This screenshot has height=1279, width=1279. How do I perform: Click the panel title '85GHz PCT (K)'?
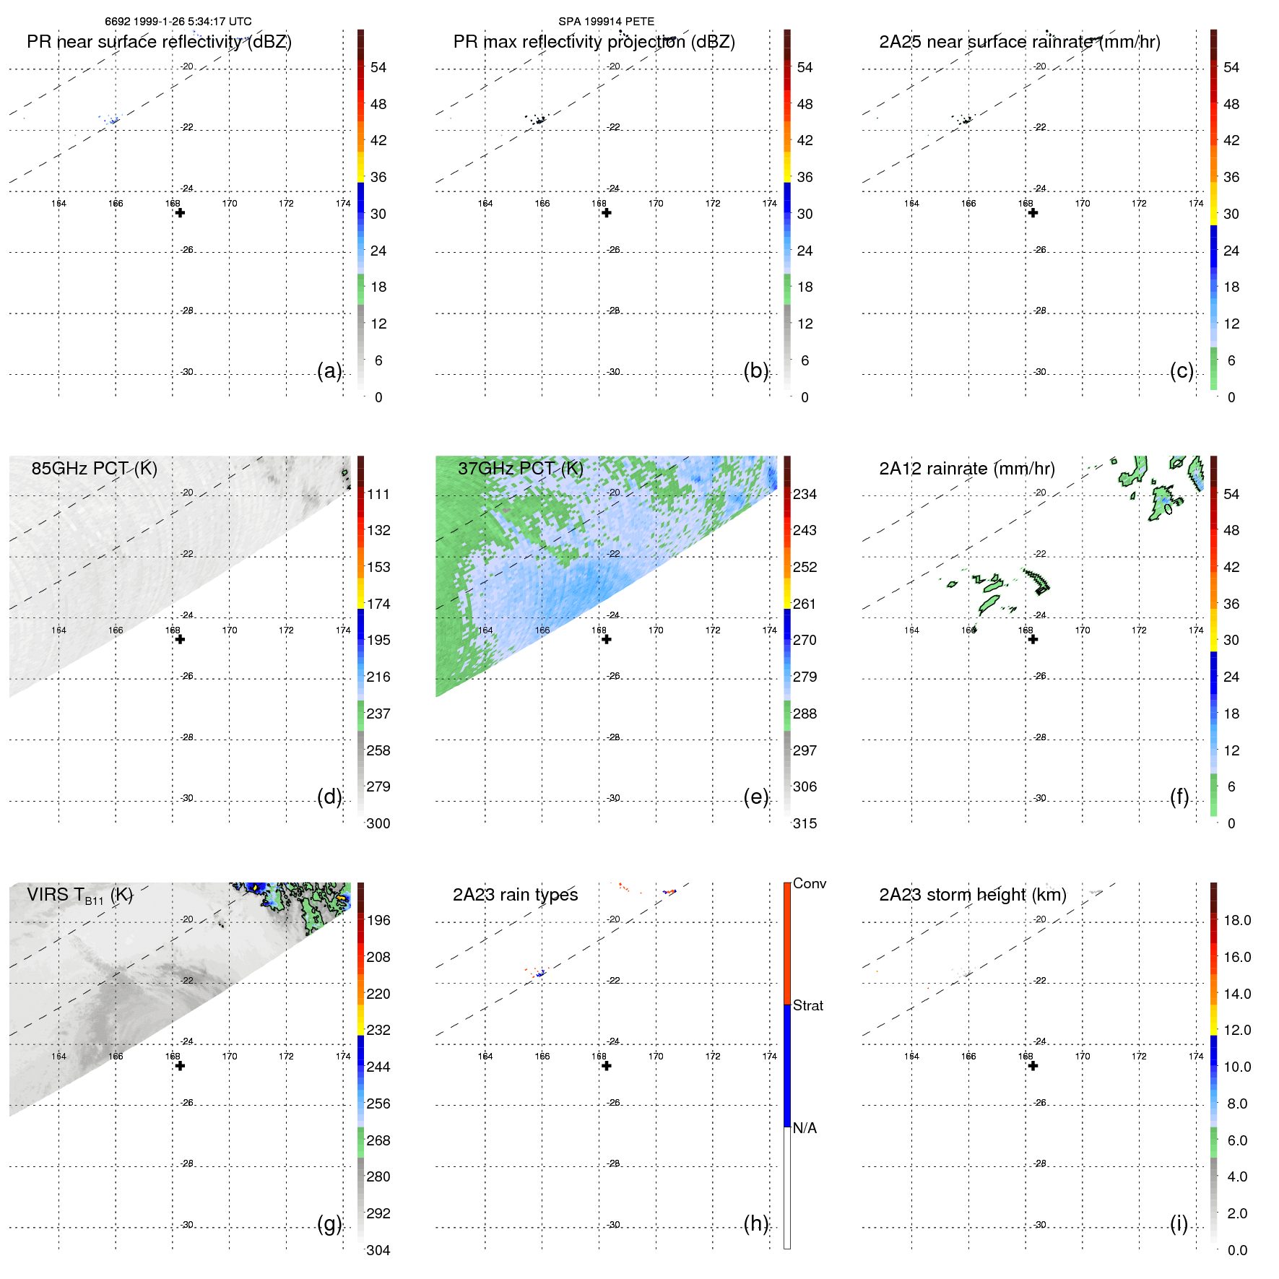tap(94, 469)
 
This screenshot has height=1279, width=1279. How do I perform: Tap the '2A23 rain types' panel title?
tap(515, 895)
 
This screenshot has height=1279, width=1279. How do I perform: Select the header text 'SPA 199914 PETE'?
tap(606, 22)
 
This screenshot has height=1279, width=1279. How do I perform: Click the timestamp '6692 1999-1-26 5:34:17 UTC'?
tap(178, 22)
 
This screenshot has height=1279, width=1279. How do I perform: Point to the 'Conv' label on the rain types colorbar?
tap(809, 884)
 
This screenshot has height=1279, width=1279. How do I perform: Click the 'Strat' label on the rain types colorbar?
tap(808, 1006)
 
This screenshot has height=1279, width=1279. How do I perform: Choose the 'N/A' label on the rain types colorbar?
tap(805, 1128)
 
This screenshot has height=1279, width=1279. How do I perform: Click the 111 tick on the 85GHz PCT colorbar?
tap(378, 495)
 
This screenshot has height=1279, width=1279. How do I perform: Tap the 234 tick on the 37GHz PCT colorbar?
tap(805, 495)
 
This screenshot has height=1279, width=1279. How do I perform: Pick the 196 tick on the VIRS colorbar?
tap(378, 921)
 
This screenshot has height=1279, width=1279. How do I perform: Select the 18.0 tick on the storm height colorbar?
tap(1236, 921)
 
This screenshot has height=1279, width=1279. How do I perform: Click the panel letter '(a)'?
tap(329, 371)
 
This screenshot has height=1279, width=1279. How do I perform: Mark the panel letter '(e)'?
tap(755, 797)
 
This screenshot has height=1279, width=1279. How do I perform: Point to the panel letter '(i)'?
tap(1179, 1223)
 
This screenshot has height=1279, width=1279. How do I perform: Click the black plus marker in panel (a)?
tap(180, 213)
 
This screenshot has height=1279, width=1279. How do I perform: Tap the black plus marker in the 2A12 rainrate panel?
tap(1033, 639)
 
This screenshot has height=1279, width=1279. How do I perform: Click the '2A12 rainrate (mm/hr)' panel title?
tap(966, 469)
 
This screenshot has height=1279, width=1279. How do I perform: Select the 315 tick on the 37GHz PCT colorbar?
tap(805, 824)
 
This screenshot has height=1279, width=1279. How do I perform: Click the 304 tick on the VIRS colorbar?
tap(378, 1250)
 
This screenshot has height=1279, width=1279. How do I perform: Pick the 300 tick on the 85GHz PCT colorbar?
tap(378, 824)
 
